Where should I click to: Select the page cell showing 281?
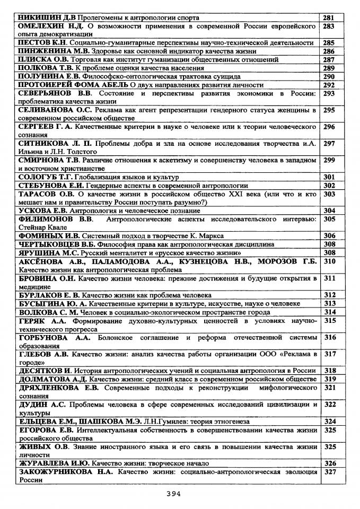329,17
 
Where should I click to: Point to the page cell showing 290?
329,76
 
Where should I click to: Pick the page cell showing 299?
329,160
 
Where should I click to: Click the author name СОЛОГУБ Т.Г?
43,177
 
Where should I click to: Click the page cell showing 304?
329,210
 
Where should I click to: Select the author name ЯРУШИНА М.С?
45,252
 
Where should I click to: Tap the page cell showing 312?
329,295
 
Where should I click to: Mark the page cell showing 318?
329,370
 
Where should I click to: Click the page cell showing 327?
329,471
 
